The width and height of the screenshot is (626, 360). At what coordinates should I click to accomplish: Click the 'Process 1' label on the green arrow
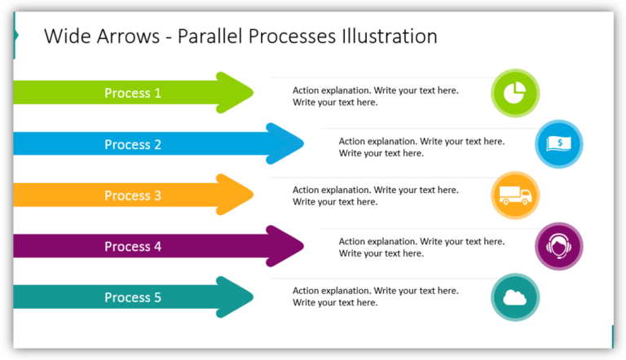coord(133,93)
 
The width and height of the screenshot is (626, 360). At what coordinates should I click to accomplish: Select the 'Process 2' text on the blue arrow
coord(133,144)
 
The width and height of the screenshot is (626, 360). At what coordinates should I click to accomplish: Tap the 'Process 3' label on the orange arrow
coord(133,195)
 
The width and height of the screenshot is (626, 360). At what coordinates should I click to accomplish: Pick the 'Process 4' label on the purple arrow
coord(133,247)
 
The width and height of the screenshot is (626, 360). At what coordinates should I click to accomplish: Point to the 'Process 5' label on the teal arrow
coord(133,297)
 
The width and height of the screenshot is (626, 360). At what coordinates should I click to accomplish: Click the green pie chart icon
coord(515,93)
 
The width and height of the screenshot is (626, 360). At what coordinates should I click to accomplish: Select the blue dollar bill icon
coord(559,144)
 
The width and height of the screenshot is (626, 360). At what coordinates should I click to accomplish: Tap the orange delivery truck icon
coord(515,195)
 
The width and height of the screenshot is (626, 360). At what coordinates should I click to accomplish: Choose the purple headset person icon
coord(559,247)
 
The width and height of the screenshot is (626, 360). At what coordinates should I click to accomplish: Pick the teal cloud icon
coord(515,297)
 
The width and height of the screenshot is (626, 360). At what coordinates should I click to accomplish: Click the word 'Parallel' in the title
coord(207,37)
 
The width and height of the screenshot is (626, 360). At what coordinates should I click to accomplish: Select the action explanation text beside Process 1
coord(375,96)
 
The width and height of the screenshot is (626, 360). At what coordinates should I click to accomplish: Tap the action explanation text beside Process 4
coord(421,248)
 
